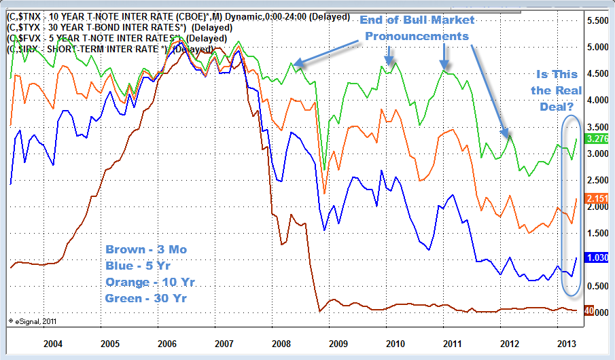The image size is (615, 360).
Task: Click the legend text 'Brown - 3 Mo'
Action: click(145, 249)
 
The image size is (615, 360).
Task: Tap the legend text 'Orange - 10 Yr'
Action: click(150, 281)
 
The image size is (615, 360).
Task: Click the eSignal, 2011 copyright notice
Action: click(32, 320)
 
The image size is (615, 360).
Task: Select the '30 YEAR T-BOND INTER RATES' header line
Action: click(120, 27)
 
